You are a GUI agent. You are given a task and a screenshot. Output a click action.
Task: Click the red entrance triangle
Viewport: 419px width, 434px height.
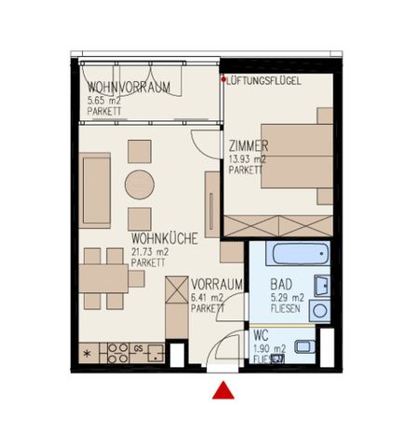click(x=223, y=390)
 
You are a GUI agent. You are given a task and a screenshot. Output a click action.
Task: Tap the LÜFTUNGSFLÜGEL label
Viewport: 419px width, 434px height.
click(x=264, y=81)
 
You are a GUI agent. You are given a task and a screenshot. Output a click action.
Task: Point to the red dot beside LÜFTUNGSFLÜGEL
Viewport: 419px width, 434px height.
click(x=223, y=79)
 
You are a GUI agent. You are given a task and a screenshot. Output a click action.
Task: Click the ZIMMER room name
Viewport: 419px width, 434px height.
click(x=249, y=146)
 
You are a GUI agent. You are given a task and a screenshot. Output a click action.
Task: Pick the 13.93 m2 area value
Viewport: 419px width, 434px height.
click(x=247, y=159)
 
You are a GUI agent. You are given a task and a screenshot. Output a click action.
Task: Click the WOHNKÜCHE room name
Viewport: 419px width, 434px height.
click(x=162, y=239)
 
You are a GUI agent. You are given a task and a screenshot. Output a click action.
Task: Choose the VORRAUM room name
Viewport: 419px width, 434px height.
click(x=217, y=284)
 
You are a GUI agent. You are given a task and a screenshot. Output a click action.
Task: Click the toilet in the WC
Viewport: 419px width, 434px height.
click(x=304, y=348)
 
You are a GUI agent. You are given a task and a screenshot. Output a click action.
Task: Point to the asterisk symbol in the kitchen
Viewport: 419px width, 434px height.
click(x=88, y=354)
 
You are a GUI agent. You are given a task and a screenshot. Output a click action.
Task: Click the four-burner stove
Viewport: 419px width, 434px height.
click(x=117, y=353)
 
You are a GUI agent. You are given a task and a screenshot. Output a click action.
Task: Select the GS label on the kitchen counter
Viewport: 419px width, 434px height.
click(x=138, y=348)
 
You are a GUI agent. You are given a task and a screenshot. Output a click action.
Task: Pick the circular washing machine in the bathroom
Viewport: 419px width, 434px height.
click(x=319, y=312)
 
